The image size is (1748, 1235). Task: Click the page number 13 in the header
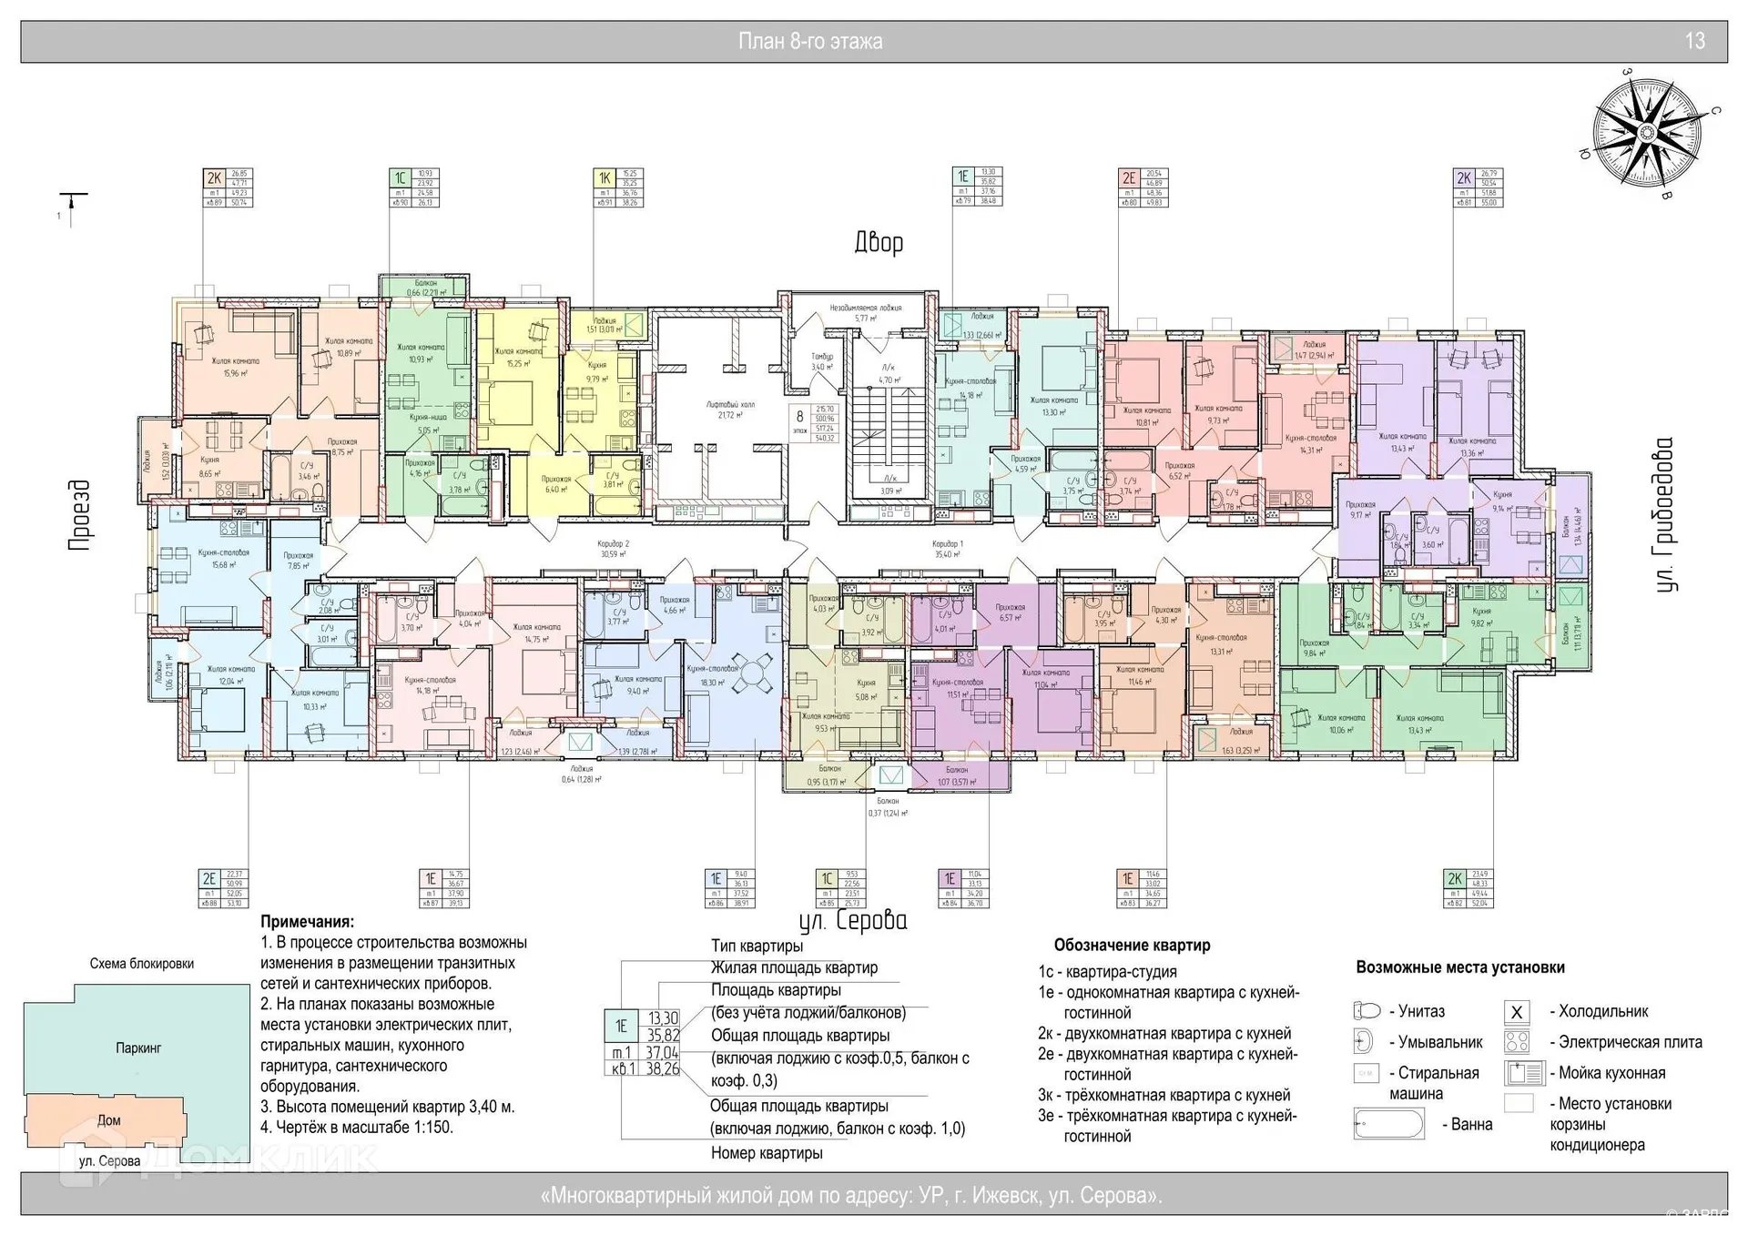point(1694,41)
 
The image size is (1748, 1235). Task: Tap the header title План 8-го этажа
point(809,41)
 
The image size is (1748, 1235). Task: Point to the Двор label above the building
point(879,242)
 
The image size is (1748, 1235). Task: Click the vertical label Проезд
point(81,515)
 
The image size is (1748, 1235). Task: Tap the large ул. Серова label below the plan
point(853,920)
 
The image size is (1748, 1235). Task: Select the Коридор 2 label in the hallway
point(614,548)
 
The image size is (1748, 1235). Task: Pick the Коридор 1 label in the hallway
point(948,548)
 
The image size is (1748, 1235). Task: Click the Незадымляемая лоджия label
point(865,312)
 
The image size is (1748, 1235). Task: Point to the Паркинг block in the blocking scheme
point(138,1048)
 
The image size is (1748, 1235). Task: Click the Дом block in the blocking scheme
point(108,1120)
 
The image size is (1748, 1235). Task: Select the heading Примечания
point(307,922)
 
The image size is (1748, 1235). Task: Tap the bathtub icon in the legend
point(1388,1124)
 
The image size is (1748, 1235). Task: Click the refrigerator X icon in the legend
point(1517,1012)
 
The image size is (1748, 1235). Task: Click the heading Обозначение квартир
point(1132,945)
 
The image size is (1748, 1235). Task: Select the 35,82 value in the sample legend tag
point(664,1035)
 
